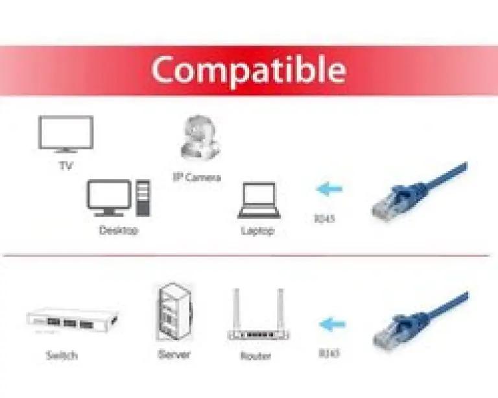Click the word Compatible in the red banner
pyautogui.click(x=248, y=69)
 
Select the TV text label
pyautogui.click(x=65, y=166)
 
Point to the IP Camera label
pyautogui.click(x=197, y=177)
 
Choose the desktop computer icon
pyautogui.click(x=119, y=198)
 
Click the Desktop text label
pyautogui.click(x=119, y=230)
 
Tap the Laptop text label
pyautogui.click(x=257, y=231)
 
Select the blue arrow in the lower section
pyautogui.click(x=331, y=323)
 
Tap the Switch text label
pyautogui.click(x=62, y=355)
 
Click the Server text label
pyautogui.click(x=174, y=355)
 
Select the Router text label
pyautogui.click(x=255, y=356)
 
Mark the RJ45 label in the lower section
pyautogui.click(x=329, y=353)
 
